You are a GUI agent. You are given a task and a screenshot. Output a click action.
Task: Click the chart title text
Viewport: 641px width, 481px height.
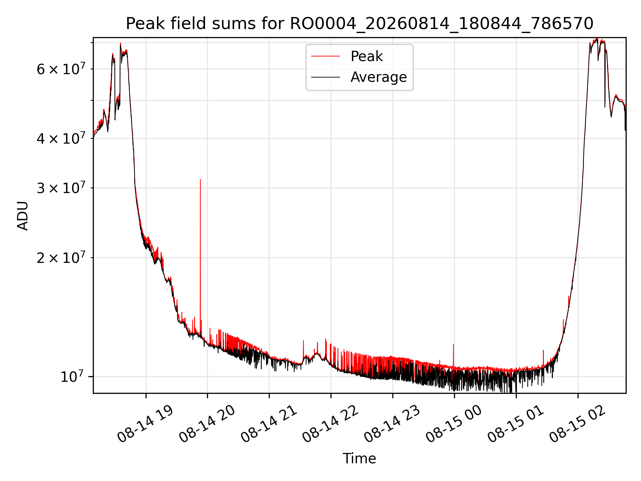tap(359, 23)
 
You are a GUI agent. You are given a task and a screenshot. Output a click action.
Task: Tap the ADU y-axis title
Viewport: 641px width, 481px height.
tap(23, 215)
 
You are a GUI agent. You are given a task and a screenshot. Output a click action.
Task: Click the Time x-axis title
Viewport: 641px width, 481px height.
tap(359, 458)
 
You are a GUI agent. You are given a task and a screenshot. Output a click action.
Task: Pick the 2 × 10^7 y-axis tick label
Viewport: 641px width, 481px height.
tap(61, 257)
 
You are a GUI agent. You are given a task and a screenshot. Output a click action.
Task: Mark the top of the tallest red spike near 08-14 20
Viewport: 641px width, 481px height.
tap(200, 179)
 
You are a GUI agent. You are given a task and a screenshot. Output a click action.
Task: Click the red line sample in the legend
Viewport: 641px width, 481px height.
tap(326, 56)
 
